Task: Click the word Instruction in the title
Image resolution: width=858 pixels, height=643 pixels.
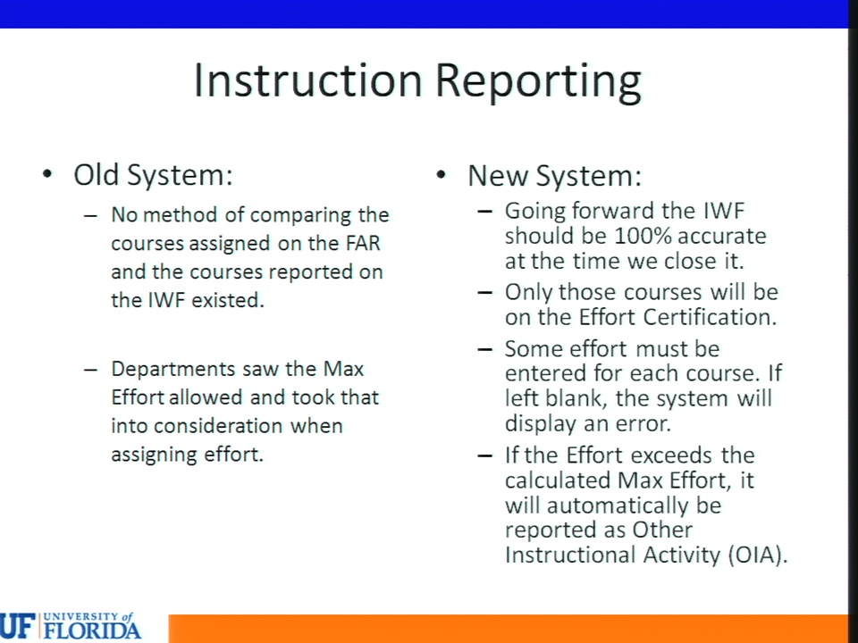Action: pyautogui.click(x=308, y=80)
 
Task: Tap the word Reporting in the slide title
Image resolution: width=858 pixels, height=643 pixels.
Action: pyautogui.click(x=538, y=82)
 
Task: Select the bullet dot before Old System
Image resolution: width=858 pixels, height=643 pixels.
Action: pyautogui.click(x=47, y=174)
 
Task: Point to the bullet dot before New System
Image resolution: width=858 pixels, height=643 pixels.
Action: pyautogui.click(x=442, y=175)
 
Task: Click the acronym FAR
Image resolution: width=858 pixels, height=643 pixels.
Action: pyautogui.click(x=362, y=243)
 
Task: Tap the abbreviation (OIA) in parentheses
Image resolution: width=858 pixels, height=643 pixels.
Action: pyautogui.click(x=757, y=555)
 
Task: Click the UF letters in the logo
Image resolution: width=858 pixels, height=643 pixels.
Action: pyautogui.click(x=18, y=627)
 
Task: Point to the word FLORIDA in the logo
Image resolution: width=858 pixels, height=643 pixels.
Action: pyautogui.click(x=92, y=630)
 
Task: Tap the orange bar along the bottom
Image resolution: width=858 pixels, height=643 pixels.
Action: pyautogui.click(x=508, y=629)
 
